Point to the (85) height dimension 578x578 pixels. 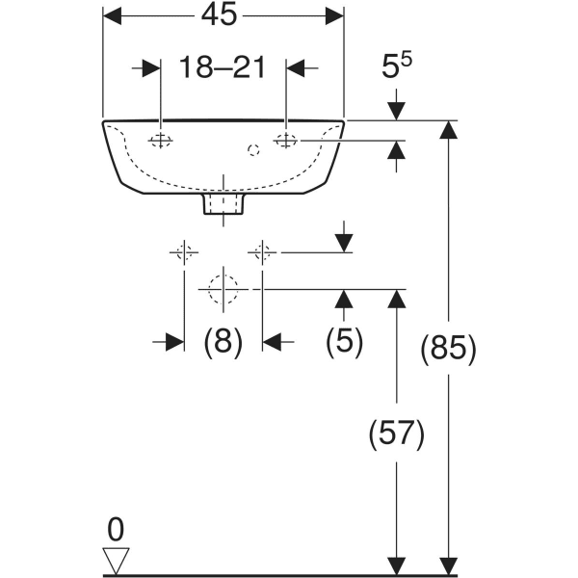point(448,350)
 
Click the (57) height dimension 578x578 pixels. point(395,434)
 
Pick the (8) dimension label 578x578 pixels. point(223,342)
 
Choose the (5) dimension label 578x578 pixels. point(343,342)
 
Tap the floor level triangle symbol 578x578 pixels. point(117,560)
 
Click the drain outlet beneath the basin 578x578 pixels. point(223,203)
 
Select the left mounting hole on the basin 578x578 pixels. point(160,142)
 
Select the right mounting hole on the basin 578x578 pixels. point(286,142)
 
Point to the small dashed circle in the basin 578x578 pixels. point(253,149)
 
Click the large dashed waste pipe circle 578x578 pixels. point(223,288)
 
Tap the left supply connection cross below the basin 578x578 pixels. point(183,253)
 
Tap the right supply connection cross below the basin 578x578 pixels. point(261,253)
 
